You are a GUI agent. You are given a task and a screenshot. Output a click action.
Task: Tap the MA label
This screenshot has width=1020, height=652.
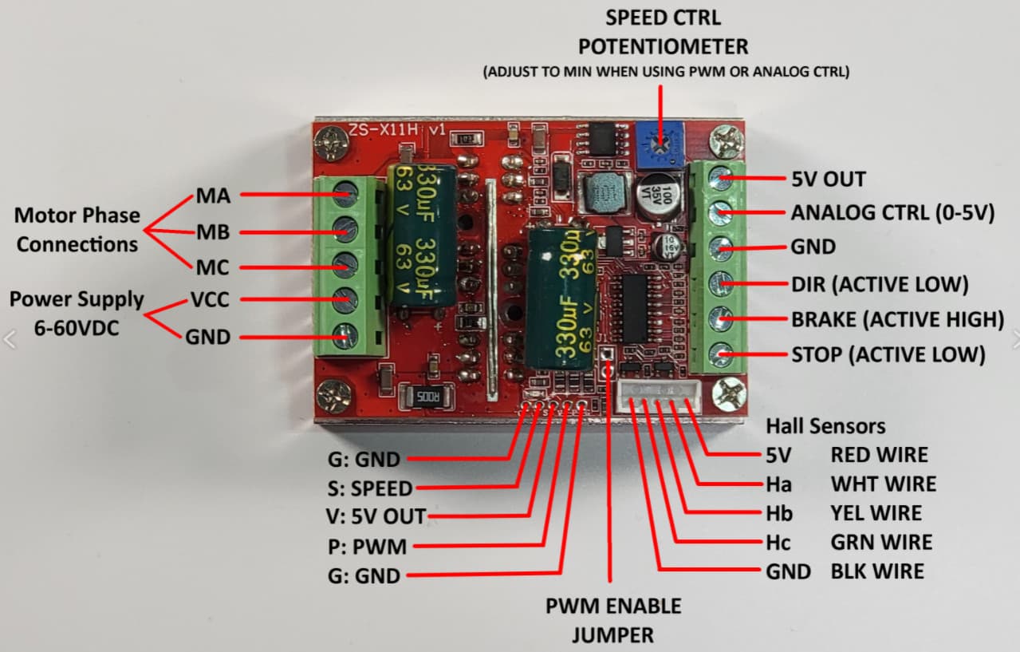(x=213, y=196)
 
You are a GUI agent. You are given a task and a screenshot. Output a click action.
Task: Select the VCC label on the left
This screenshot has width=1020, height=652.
(x=211, y=300)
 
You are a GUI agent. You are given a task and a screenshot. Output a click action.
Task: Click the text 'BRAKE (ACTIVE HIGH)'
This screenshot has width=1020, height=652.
(x=897, y=319)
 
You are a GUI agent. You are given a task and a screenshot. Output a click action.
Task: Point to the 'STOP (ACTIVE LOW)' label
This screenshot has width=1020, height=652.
(x=888, y=354)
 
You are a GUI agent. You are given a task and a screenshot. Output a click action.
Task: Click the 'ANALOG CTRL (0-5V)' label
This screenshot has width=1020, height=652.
(x=892, y=214)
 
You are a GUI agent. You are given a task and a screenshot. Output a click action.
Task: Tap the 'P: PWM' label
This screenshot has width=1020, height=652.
(x=367, y=547)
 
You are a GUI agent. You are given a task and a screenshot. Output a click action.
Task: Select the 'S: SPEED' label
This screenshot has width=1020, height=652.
(x=370, y=488)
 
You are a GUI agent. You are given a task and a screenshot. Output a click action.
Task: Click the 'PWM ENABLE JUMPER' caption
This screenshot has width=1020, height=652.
(x=613, y=620)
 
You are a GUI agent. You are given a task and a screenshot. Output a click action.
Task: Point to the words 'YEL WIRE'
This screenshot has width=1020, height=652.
(x=876, y=513)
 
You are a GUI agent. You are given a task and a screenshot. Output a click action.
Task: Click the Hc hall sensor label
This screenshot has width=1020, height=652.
(x=778, y=543)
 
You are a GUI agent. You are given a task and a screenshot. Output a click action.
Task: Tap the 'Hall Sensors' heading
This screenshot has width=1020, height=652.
(x=825, y=426)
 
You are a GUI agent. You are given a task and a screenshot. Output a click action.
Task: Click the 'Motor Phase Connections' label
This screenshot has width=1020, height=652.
(x=77, y=230)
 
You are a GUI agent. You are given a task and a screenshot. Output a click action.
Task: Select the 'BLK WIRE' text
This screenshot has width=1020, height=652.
(x=877, y=571)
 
